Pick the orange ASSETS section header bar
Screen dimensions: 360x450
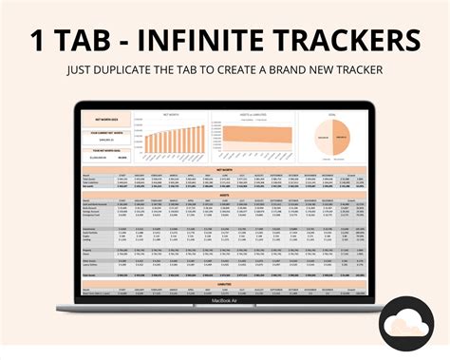coord(225,196)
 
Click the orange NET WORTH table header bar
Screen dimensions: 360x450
coord(225,169)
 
